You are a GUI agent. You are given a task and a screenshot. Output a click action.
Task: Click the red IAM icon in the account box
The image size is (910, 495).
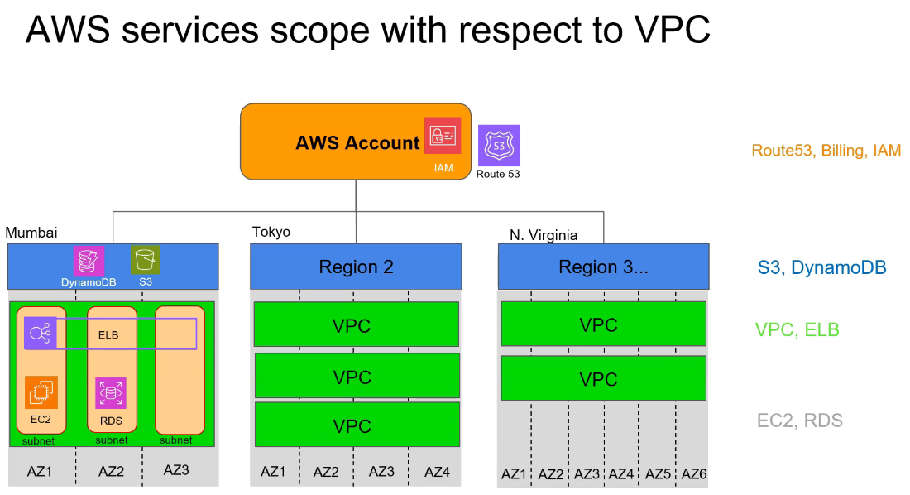coord(443,136)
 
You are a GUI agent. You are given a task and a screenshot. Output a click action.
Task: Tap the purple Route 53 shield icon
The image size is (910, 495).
coord(499,147)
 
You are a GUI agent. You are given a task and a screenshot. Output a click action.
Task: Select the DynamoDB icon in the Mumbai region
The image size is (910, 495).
coord(89,261)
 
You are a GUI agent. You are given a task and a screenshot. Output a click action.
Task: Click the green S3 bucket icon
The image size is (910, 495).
coord(145,260)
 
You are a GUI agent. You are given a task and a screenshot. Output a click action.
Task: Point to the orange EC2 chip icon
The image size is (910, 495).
coord(41,392)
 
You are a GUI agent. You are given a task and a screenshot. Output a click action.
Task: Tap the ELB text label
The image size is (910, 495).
coord(109,335)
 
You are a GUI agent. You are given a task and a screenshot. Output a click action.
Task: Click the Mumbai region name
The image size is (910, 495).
coord(31,233)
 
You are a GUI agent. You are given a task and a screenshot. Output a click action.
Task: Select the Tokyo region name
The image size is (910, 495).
coord(271,232)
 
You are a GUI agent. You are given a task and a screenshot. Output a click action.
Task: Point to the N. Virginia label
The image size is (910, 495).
coord(544,235)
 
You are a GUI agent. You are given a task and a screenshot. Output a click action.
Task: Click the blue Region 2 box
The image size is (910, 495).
coord(356,267)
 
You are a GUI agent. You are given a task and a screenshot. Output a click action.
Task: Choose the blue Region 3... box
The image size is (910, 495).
coord(603,267)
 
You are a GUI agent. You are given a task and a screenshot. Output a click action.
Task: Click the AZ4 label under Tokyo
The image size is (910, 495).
coord(437,472)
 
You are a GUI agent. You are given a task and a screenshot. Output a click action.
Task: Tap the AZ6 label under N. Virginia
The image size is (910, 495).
coord(693,474)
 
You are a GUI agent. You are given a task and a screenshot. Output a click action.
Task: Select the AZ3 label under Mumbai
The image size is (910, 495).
coord(176,470)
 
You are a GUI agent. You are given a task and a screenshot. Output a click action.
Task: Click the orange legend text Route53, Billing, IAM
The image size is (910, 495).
coord(826,151)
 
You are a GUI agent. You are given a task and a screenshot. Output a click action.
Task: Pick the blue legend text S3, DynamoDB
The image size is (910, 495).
coord(821,267)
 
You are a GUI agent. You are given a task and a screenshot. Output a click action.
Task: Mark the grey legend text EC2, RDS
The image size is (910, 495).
coord(799,421)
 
